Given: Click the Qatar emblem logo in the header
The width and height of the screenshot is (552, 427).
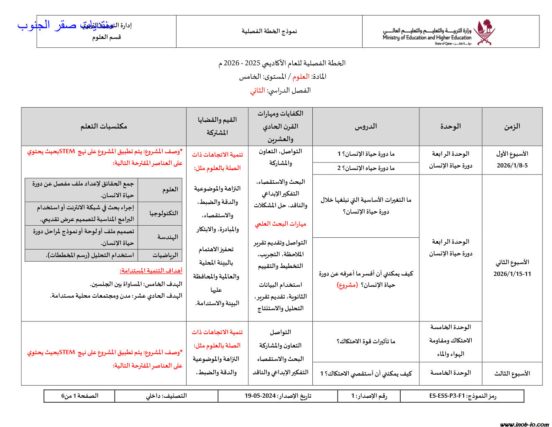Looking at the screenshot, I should pyautogui.click(x=485, y=32).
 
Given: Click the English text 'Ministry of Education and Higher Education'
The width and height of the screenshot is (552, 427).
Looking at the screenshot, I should pyautogui.click(x=427, y=38).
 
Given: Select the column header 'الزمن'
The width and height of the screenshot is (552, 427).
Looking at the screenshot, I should pyautogui.click(x=512, y=126).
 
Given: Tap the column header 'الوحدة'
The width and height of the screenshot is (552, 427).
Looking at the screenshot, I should pyautogui.click(x=450, y=126).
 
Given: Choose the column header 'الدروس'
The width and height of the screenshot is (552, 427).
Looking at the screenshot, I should pyautogui.click(x=366, y=126).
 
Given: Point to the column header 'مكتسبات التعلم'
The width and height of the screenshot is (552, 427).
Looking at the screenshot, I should pyautogui.click(x=104, y=126).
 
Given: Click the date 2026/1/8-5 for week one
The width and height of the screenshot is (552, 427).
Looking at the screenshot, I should pyautogui.click(x=512, y=165).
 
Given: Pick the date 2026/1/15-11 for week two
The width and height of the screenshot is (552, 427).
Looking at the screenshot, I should pyautogui.click(x=512, y=274).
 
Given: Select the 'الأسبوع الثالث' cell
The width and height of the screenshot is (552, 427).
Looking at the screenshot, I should pyautogui.click(x=512, y=373).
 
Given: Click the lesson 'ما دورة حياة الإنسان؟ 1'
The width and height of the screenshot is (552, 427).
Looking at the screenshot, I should pyautogui.click(x=366, y=154).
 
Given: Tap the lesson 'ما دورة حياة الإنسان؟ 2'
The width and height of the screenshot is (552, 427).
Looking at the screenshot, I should pyautogui.click(x=366, y=168).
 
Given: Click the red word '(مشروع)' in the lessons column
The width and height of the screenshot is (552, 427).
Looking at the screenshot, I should pyautogui.click(x=347, y=285).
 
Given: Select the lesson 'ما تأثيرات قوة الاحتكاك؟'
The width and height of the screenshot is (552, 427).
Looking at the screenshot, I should pyautogui.click(x=366, y=341).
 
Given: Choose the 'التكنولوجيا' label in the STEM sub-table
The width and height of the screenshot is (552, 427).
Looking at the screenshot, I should pyautogui.click(x=164, y=213).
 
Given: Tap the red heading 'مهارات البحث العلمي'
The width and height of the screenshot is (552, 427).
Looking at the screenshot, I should pyautogui.click(x=281, y=224).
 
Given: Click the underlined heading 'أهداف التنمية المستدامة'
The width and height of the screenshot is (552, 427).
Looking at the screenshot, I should pyautogui.click(x=151, y=271).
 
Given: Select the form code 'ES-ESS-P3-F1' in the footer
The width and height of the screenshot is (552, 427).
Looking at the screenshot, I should pyautogui.click(x=447, y=396).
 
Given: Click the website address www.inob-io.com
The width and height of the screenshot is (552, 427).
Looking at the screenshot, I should pyautogui.click(x=524, y=424).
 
